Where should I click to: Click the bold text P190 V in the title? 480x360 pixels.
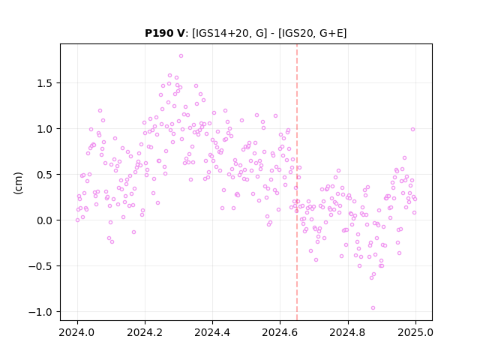164,33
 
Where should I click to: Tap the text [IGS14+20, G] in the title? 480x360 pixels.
229,33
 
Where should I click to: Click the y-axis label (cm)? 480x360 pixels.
18,183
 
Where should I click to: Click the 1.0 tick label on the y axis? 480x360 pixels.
45,129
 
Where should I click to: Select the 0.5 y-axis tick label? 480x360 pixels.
45,175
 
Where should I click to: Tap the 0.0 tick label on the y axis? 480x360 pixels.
45,220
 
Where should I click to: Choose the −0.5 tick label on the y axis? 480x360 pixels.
41,266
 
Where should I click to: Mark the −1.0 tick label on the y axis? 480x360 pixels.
41,312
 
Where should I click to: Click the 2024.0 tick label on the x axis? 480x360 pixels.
77,332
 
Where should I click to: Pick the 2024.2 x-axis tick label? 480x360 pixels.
145,332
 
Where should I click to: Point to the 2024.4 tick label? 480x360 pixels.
212,332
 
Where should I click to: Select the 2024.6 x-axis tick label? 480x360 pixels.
280,332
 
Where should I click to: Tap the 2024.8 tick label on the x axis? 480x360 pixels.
348,332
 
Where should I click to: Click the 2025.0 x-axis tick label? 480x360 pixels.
415,332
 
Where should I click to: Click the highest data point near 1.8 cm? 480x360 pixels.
181,56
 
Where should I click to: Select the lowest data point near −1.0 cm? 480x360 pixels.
373,308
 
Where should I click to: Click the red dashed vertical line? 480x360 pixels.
297,182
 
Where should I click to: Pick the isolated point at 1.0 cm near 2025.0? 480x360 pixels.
412,130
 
